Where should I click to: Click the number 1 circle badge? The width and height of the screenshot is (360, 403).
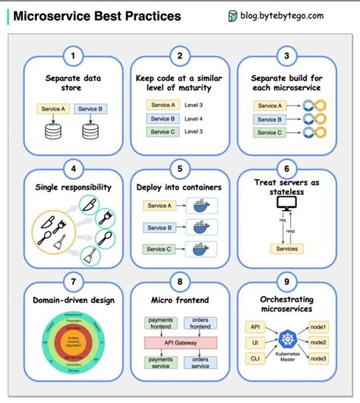point(73,55)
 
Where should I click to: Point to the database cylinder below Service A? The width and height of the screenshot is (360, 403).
point(52,131)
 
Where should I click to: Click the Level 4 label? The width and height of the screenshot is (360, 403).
point(194,118)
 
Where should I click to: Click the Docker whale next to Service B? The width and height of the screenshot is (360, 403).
point(201,226)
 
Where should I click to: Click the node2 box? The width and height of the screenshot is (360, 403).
point(318,342)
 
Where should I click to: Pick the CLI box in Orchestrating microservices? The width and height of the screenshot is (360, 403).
point(254,357)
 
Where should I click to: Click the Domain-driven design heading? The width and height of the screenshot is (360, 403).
point(73,300)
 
